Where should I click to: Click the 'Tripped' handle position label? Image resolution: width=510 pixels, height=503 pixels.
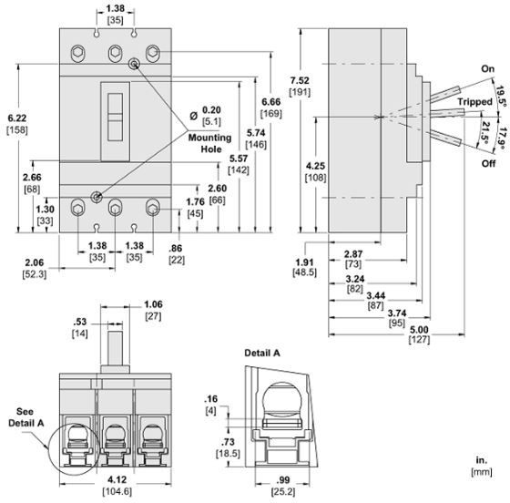point(474,102)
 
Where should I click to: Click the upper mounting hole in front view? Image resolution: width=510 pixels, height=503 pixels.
point(135,63)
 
